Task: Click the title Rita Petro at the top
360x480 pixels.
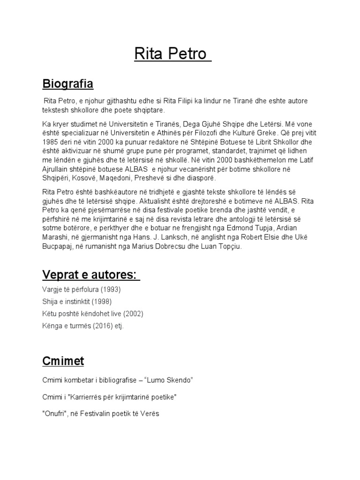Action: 170,54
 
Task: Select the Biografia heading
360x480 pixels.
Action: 68,84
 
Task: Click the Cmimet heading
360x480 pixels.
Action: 63,361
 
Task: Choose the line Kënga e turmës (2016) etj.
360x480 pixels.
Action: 82,325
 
